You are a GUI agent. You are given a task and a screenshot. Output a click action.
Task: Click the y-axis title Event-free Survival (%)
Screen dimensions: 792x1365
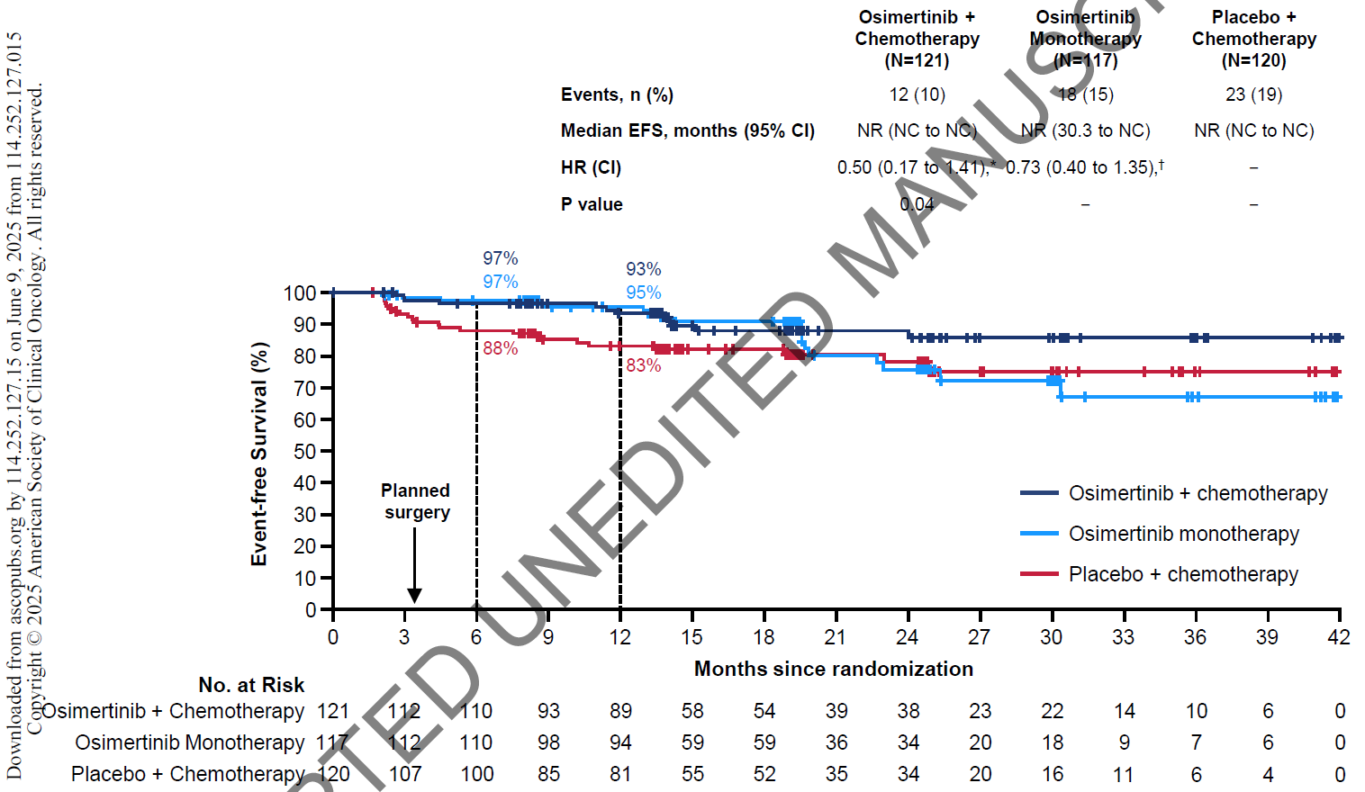(x=259, y=454)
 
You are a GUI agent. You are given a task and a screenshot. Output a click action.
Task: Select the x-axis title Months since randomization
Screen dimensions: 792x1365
(x=834, y=669)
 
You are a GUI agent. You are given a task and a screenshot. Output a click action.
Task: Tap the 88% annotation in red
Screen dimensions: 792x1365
(x=500, y=348)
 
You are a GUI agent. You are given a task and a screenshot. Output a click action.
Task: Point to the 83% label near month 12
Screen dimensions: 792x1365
(x=643, y=365)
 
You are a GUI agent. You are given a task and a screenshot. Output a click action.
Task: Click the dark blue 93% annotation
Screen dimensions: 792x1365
(x=643, y=269)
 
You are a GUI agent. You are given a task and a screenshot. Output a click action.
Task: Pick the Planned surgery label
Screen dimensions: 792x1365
(x=416, y=501)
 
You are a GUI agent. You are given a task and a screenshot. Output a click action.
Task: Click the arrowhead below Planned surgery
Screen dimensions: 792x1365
(x=414, y=595)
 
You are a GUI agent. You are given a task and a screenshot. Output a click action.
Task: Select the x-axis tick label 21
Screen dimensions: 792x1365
(x=835, y=637)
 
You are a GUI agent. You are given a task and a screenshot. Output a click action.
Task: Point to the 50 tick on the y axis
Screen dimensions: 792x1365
(x=305, y=451)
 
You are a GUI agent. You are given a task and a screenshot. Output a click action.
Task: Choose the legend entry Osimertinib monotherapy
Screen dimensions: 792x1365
(x=1183, y=534)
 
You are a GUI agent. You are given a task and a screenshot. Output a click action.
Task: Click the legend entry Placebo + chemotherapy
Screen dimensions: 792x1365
(x=1183, y=574)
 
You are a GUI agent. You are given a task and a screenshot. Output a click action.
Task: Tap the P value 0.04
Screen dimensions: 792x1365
(x=917, y=204)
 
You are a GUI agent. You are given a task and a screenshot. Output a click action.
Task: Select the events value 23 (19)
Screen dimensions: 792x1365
(x=1253, y=94)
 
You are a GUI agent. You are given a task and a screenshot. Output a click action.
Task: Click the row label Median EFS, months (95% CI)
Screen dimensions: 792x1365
(x=687, y=130)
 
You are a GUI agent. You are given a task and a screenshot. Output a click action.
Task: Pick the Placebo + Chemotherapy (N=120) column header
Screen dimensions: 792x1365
(x=1253, y=39)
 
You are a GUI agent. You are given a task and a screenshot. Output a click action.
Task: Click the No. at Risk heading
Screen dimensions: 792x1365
(x=251, y=685)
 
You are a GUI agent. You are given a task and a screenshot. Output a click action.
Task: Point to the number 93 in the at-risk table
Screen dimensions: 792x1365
(x=548, y=711)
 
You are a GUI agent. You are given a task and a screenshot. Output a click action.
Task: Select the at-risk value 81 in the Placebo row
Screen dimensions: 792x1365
(x=620, y=774)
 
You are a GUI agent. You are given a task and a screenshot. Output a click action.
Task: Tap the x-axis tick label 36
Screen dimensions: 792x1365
(x=1195, y=637)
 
